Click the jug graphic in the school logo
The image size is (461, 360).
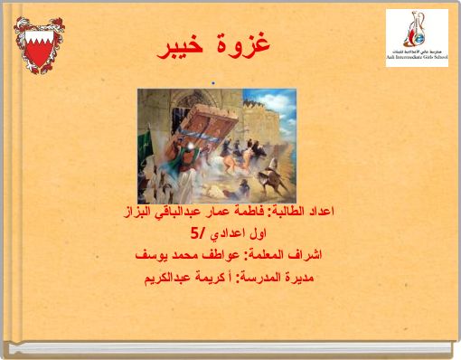(x=417, y=28)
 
